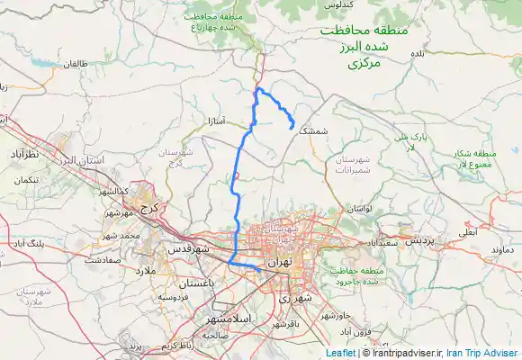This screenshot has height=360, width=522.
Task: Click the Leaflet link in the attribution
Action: tap(341, 353)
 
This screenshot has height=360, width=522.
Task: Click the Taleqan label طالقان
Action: tap(74, 65)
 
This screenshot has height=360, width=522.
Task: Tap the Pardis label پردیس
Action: tap(418, 241)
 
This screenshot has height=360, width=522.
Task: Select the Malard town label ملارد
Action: tap(147, 270)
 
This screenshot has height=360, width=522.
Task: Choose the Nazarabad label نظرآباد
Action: tap(26, 155)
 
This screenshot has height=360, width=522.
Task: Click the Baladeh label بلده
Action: tap(417, 54)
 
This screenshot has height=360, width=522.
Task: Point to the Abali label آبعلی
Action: tap(469, 231)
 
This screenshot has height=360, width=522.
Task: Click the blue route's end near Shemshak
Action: tap(289, 130)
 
